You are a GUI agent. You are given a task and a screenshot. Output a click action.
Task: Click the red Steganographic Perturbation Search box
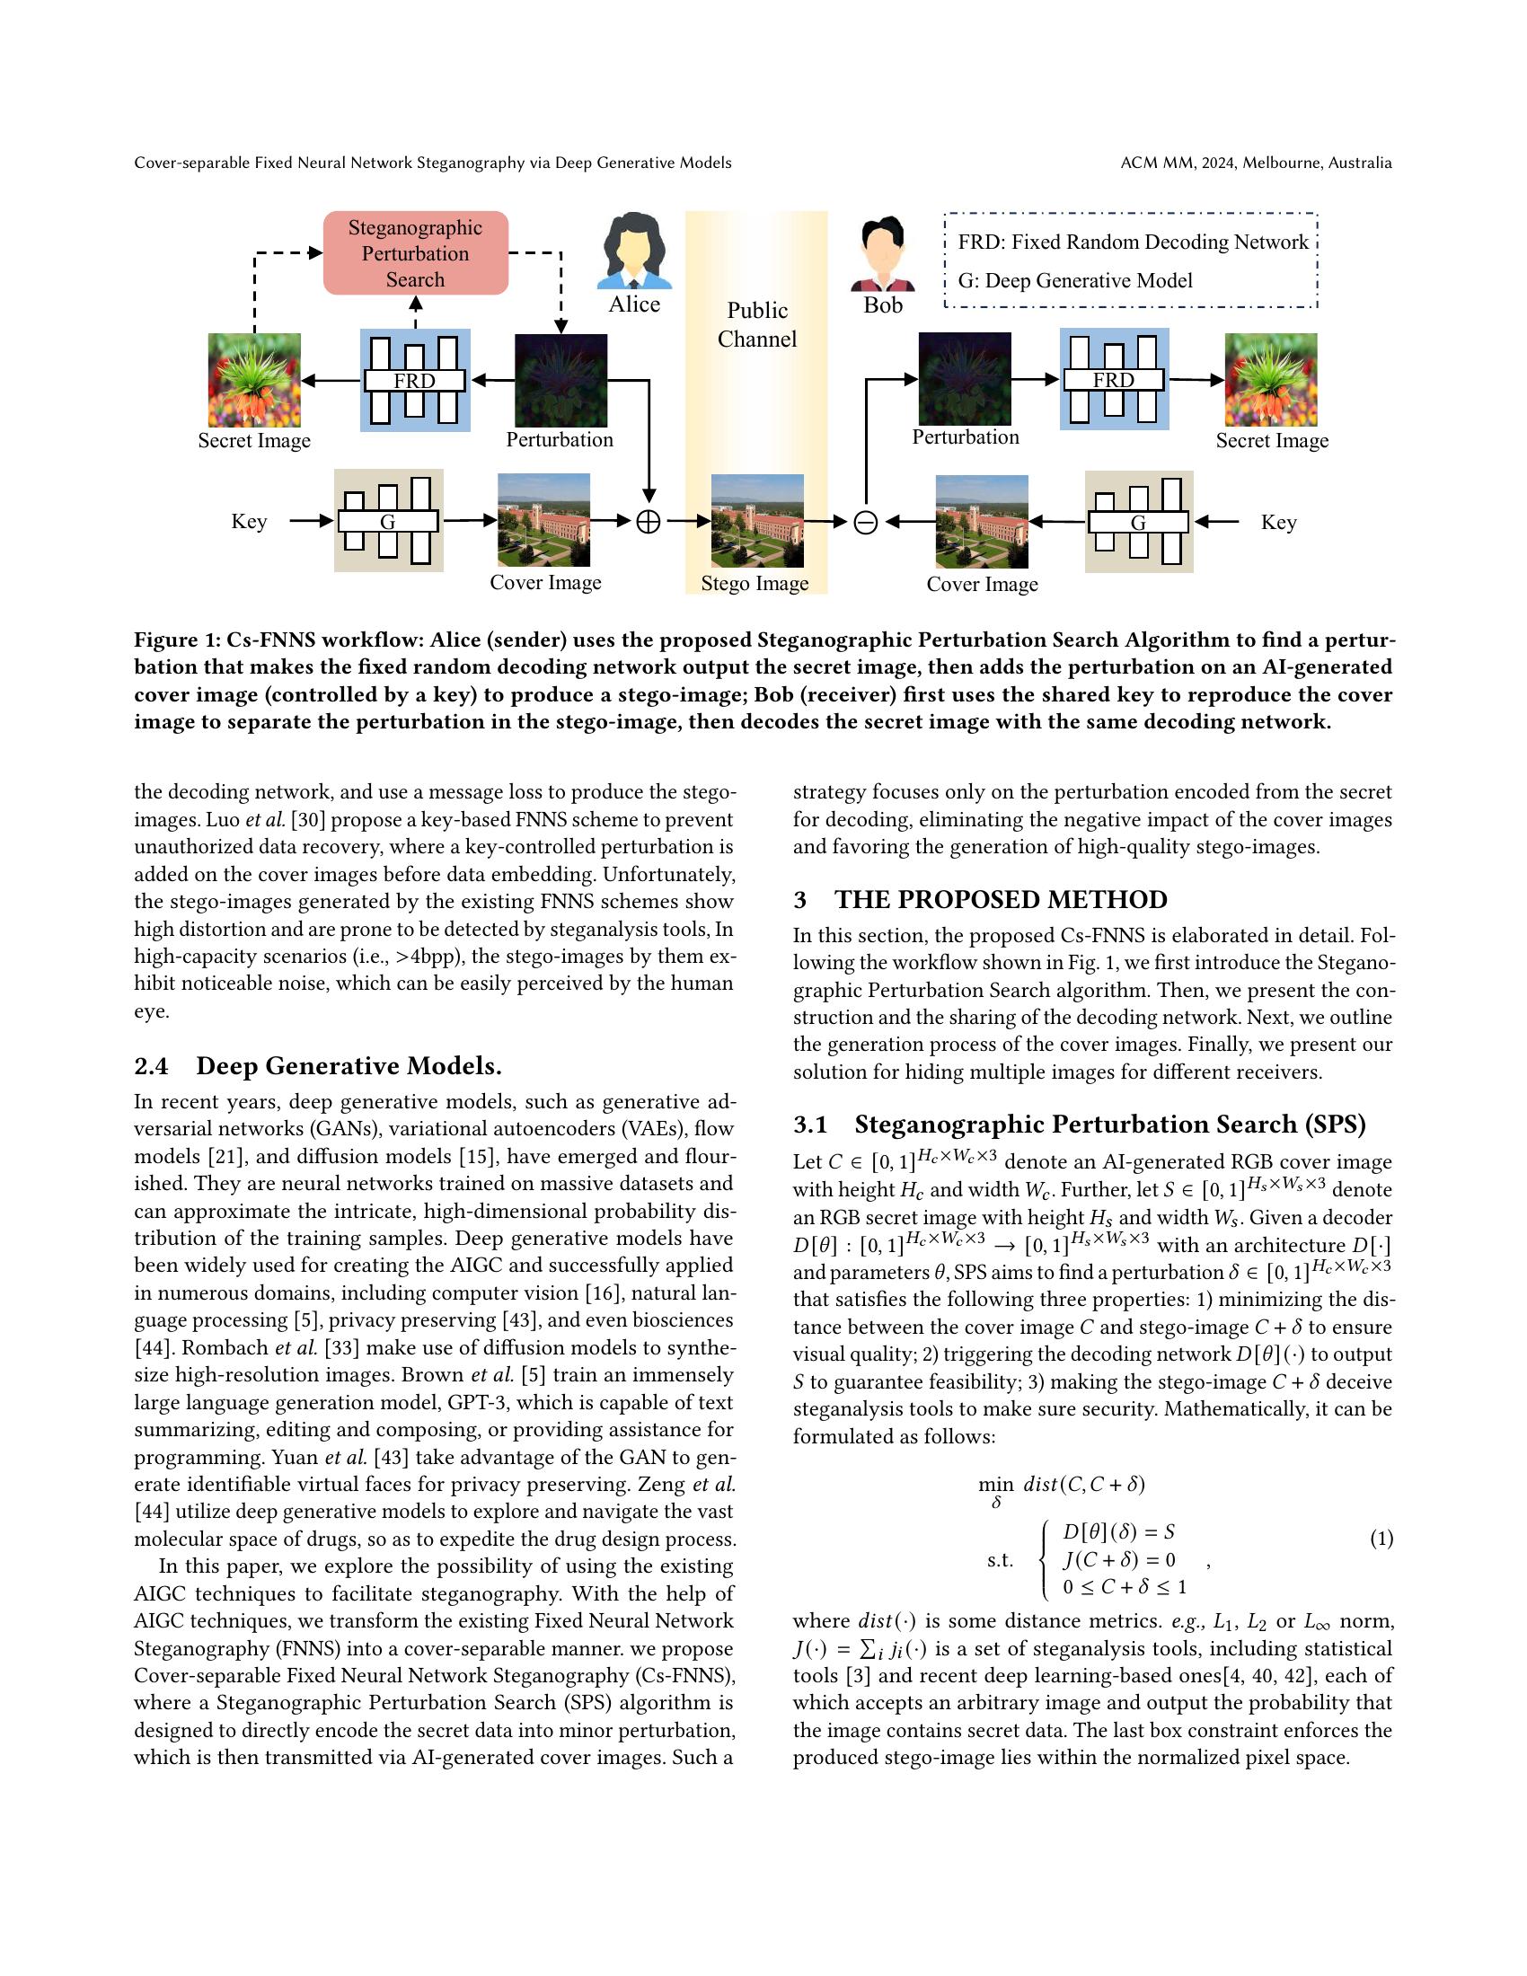415,253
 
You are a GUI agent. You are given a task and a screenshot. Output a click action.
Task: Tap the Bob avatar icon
883,253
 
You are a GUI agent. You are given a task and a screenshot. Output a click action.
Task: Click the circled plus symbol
649,522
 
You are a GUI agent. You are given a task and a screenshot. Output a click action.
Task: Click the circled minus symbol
866,522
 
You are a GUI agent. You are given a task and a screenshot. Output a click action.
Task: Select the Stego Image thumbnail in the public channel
757,521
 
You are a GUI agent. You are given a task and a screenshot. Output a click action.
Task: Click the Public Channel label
757,324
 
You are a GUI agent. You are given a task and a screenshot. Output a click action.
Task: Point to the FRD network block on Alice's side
415,380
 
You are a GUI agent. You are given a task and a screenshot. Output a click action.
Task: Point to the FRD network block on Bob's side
1114,379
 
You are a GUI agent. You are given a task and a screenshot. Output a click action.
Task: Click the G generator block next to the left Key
388,521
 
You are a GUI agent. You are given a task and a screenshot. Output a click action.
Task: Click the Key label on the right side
1278,523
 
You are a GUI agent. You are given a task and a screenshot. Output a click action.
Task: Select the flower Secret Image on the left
254,380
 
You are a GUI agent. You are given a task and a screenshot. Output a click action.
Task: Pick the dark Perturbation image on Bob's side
965,379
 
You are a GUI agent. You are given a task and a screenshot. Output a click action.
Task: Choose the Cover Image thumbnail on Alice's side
543,520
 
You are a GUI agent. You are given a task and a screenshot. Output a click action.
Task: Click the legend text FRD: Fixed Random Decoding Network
1133,243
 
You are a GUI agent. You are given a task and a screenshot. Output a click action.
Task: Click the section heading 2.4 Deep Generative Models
317,1066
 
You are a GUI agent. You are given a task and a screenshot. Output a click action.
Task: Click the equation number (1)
1381,1538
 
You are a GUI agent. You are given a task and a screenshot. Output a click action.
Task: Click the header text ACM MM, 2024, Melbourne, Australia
1256,163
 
